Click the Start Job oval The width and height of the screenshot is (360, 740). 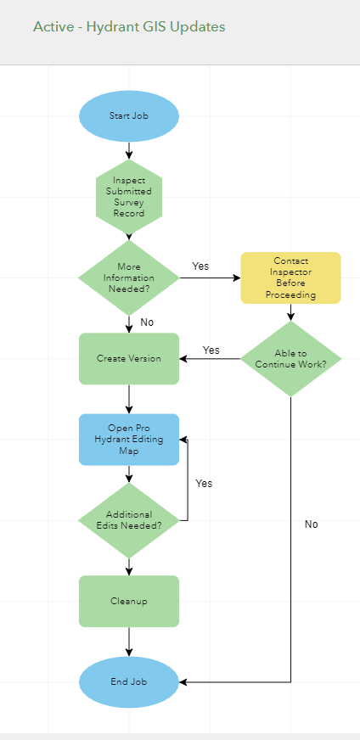point(129,116)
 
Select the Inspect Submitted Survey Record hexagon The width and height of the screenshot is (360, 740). point(129,197)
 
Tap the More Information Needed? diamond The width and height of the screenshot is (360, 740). point(129,277)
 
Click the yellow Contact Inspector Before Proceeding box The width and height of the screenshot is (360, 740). point(290,277)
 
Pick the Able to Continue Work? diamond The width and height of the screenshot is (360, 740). point(290,358)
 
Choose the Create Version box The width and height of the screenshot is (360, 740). point(129,358)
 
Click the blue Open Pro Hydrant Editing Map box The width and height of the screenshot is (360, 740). point(129,439)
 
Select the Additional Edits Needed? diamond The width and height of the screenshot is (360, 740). point(129,520)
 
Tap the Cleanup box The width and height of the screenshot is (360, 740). point(129,601)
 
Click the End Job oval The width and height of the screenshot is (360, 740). point(129,681)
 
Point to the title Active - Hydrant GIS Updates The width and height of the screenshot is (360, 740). point(129,27)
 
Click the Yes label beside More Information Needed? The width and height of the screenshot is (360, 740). point(200,266)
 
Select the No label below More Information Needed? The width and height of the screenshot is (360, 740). point(147,322)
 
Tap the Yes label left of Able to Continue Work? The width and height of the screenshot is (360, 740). point(211,350)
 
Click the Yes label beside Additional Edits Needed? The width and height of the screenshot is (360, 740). point(204,484)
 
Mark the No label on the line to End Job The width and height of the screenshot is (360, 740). point(312,524)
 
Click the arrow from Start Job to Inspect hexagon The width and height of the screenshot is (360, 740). point(129,150)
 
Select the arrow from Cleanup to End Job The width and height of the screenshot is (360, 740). point(129,641)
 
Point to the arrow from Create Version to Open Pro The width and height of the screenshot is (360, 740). point(129,398)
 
